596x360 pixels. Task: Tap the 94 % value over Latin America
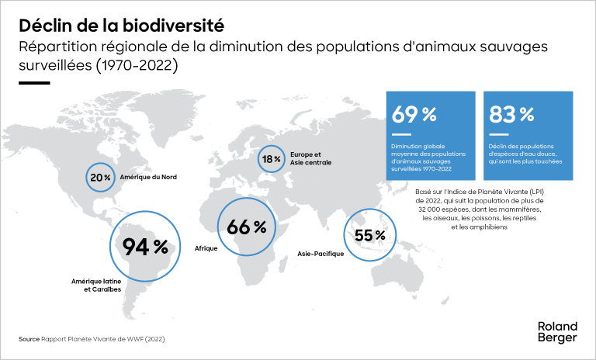click(146, 247)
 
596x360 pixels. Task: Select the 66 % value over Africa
click(247, 227)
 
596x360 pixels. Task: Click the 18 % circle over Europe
click(272, 159)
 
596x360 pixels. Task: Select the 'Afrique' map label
click(205, 250)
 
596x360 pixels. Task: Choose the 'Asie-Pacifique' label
click(321, 254)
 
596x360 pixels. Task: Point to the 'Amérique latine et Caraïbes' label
click(96, 285)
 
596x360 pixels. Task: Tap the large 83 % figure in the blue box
click(511, 115)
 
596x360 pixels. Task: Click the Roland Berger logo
click(556, 333)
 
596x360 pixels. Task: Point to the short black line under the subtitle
click(35, 83)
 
